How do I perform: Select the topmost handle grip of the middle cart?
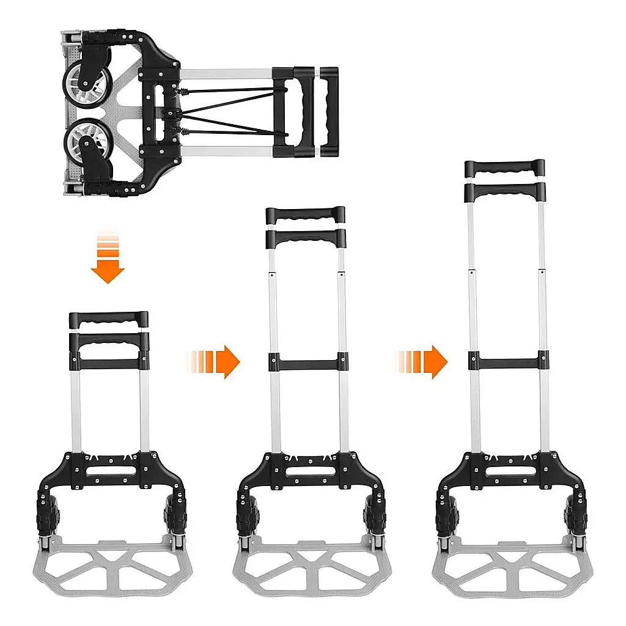pyautogui.click(x=305, y=215)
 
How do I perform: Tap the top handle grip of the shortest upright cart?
pyautogui.click(x=109, y=319)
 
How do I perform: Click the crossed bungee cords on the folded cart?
pyautogui.click(x=232, y=111)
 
